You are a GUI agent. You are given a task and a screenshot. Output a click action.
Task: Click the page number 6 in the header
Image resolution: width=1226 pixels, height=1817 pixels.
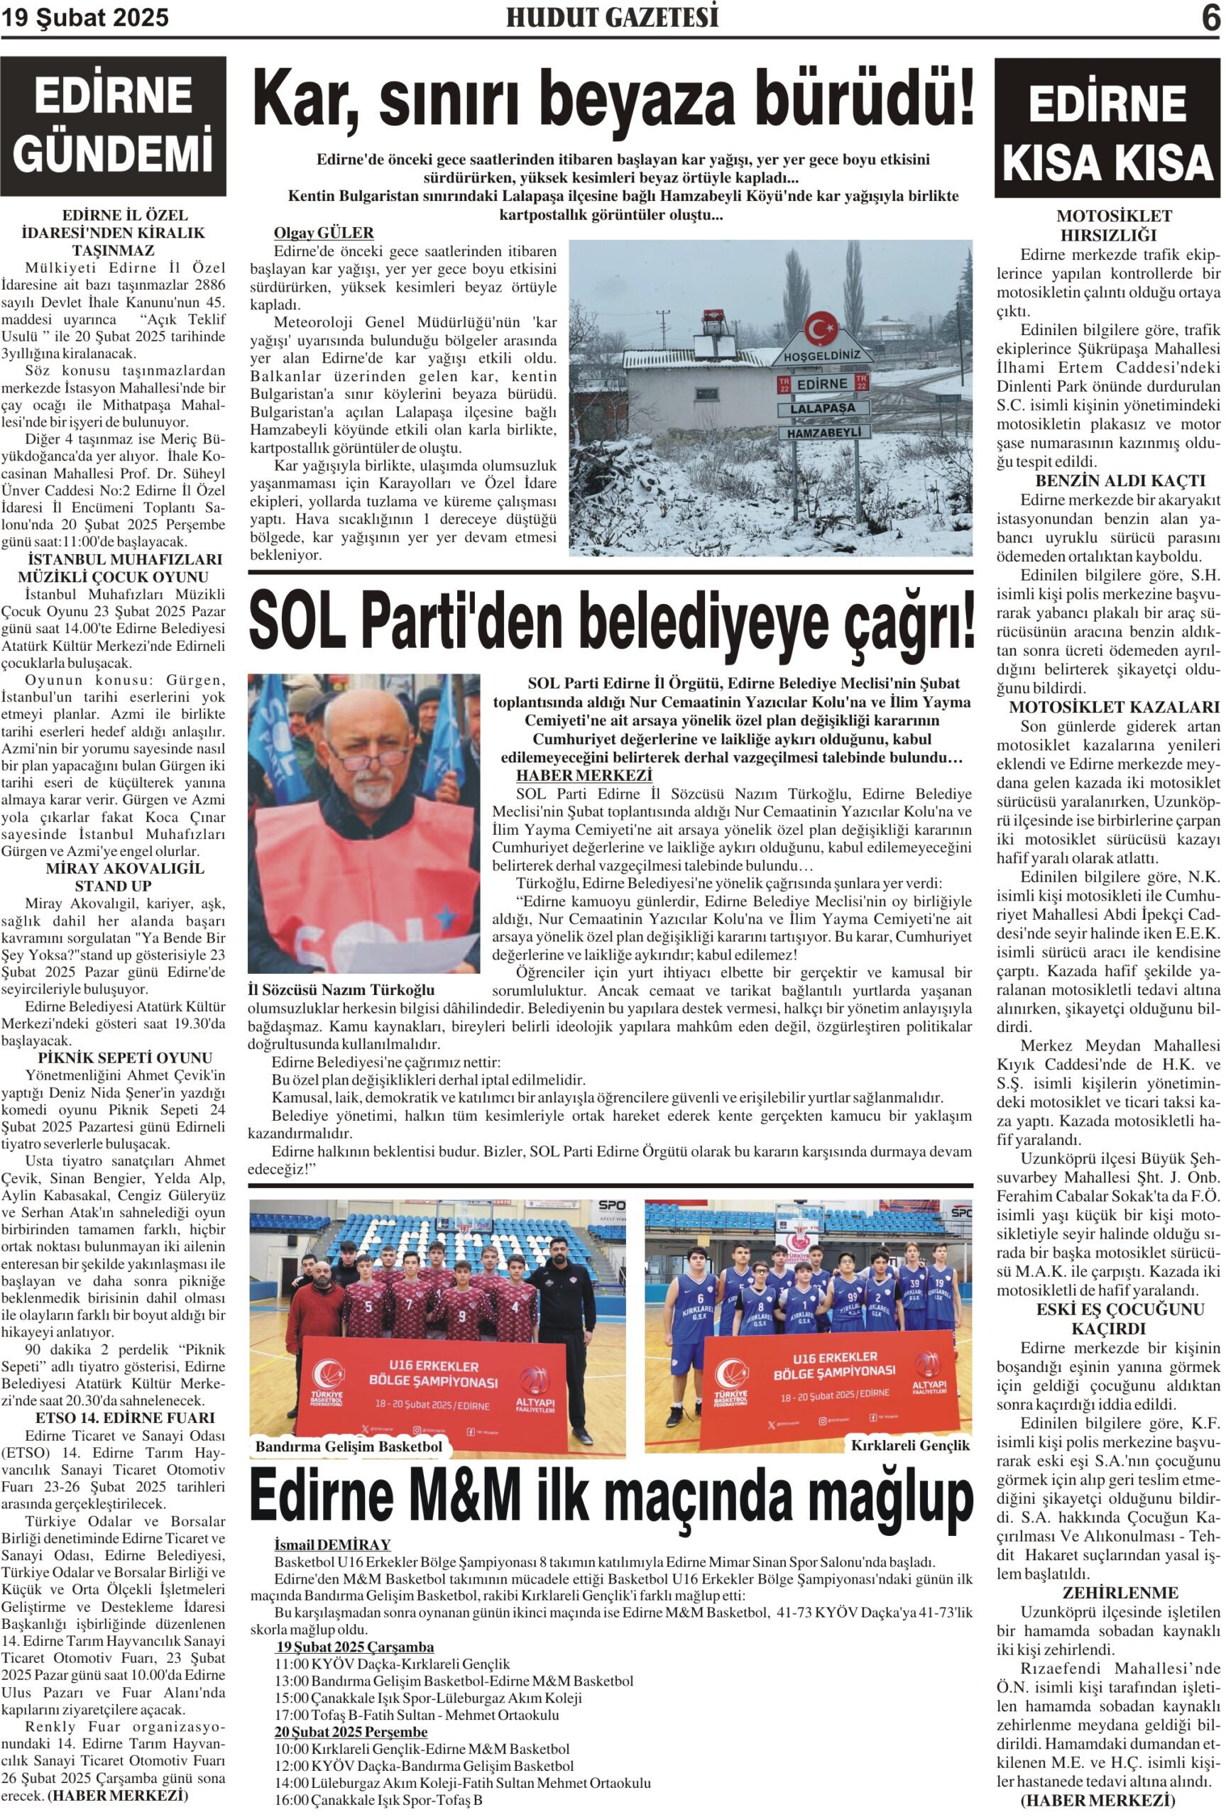(x=1210, y=18)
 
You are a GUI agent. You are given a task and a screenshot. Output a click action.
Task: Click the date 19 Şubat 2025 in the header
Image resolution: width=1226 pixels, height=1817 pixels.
(x=85, y=18)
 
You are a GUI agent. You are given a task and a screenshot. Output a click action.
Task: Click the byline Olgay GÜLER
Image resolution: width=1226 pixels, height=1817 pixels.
(x=324, y=233)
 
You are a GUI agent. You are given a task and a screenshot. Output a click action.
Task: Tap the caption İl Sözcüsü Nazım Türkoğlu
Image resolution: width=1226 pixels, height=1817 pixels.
(x=341, y=989)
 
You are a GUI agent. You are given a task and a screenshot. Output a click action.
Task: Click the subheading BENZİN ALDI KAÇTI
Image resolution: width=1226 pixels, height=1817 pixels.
(x=1109, y=481)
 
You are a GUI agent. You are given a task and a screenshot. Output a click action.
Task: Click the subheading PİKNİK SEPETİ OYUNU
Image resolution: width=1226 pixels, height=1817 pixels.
(x=114, y=1058)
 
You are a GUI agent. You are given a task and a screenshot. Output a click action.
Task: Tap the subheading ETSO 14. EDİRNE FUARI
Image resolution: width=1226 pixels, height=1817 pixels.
(x=114, y=1417)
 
